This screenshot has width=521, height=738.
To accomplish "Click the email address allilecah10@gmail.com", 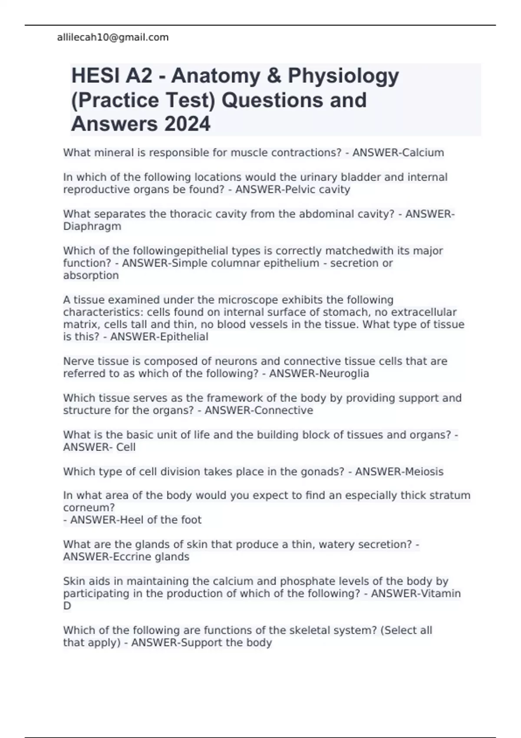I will pos(113,38).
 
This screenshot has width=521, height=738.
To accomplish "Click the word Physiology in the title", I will pos(343,76).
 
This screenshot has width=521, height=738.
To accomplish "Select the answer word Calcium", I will pos(423,153).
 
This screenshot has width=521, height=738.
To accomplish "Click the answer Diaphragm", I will pos(92,227).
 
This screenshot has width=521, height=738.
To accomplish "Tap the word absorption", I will pos(91,275).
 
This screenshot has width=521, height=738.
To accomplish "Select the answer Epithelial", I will pos(184,337).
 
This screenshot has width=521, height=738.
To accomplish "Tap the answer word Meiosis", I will pos(423,472).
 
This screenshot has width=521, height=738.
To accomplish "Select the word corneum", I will pos(89,507).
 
